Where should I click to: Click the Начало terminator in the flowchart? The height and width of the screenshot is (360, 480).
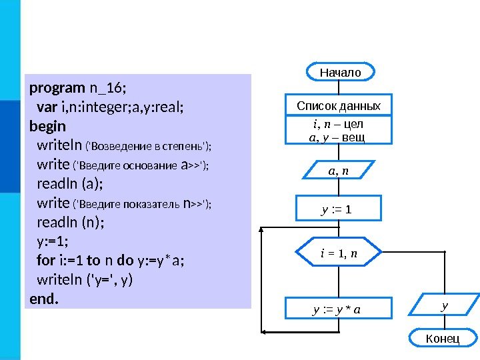pyautogui.click(x=340, y=71)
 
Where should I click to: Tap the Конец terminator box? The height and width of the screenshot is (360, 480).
pyautogui.click(x=442, y=339)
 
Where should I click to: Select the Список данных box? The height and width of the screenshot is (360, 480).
pyautogui.click(x=339, y=106)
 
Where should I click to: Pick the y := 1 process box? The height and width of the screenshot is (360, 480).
pyautogui.click(x=339, y=211)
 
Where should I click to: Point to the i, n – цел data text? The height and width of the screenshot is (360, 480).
pyautogui.click(x=338, y=125)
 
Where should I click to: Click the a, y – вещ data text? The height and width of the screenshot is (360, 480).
pyautogui.click(x=338, y=137)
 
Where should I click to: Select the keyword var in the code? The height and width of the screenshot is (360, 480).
pyautogui.click(x=47, y=107)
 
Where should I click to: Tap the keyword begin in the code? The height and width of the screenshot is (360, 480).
pyautogui.click(x=48, y=125)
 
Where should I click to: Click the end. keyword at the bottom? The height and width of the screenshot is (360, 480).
pyautogui.click(x=44, y=299)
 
